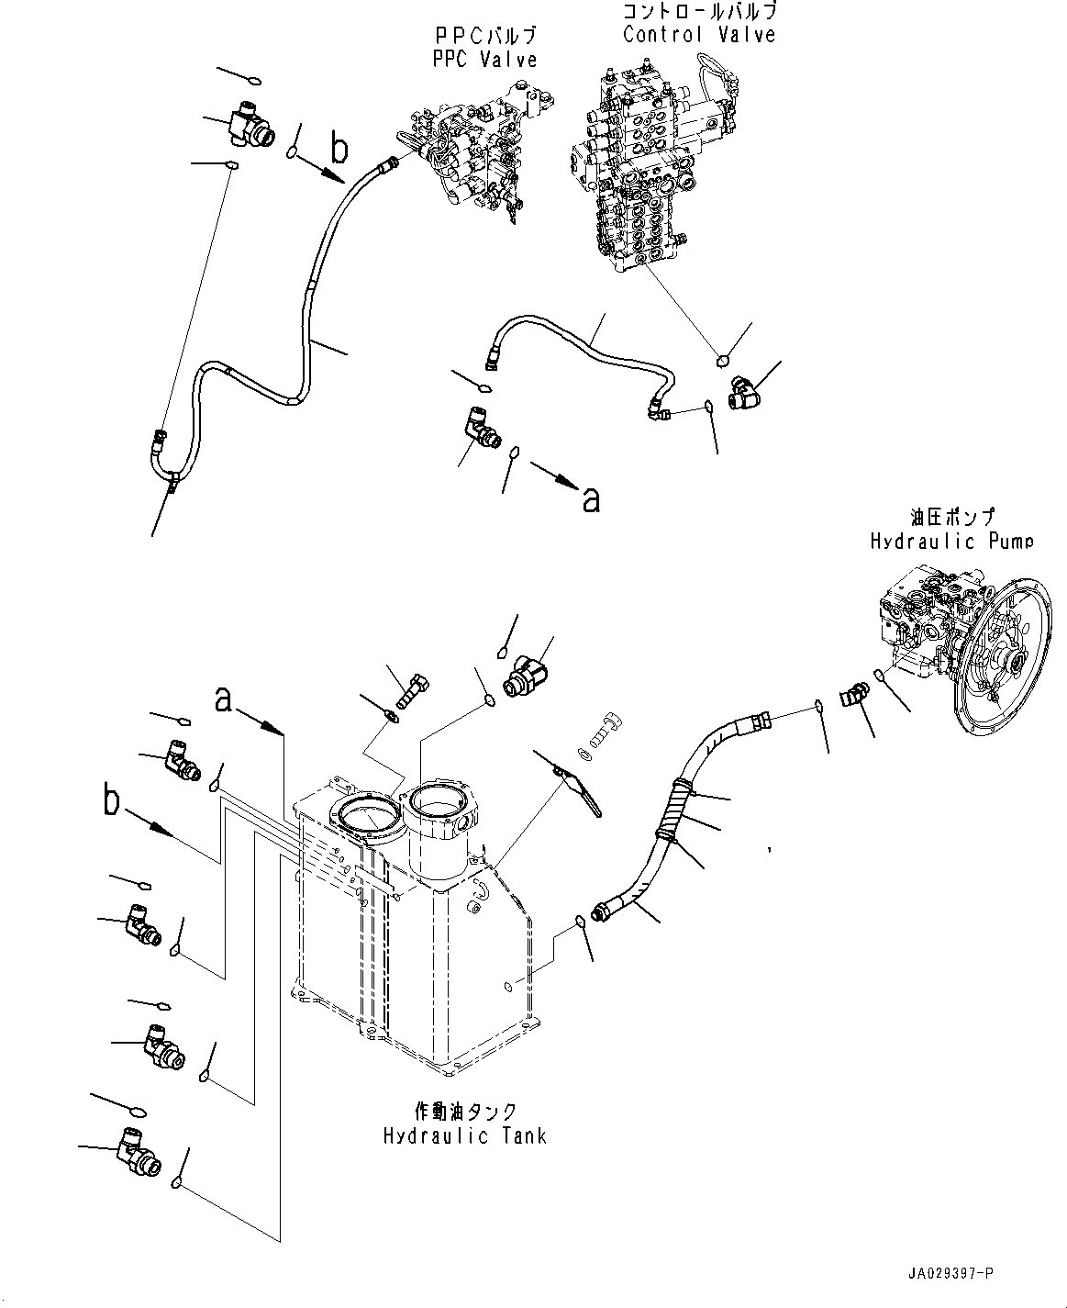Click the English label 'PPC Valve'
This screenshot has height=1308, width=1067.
click(484, 59)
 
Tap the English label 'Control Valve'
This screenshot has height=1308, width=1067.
click(699, 35)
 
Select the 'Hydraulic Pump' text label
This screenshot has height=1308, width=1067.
click(950, 542)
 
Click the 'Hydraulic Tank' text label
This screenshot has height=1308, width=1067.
click(464, 1135)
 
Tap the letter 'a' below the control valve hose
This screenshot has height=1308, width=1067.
click(592, 497)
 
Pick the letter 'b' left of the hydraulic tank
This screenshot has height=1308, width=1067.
click(112, 800)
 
